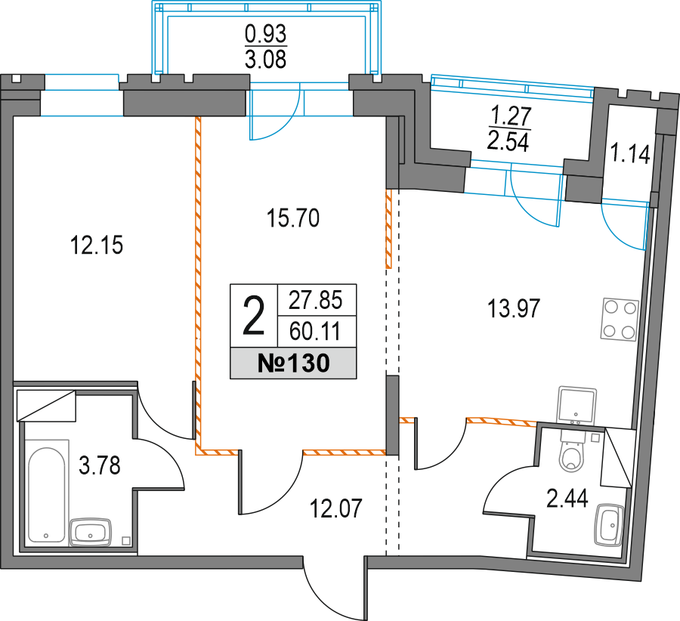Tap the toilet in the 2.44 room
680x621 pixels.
[x=573, y=451]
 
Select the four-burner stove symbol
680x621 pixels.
[x=620, y=320]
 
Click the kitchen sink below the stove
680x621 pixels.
[x=576, y=405]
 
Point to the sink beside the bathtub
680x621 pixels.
[x=90, y=532]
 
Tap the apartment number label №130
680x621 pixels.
[x=294, y=363]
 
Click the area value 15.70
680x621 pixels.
[x=293, y=218]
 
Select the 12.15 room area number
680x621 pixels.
[x=96, y=245]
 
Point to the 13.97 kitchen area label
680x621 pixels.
[x=514, y=309]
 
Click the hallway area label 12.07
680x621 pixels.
[x=335, y=508]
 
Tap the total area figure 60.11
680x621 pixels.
[x=315, y=332]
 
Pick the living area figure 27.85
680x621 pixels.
[x=316, y=300]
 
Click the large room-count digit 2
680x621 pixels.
[x=253, y=315]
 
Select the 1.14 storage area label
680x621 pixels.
[x=630, y=154]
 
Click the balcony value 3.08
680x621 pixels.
[x=266, y=60]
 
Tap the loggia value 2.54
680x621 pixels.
[x=508, y=141]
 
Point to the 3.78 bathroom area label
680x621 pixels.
[x=99, y=465]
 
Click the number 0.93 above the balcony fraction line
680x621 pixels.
[x=266, y=33]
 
